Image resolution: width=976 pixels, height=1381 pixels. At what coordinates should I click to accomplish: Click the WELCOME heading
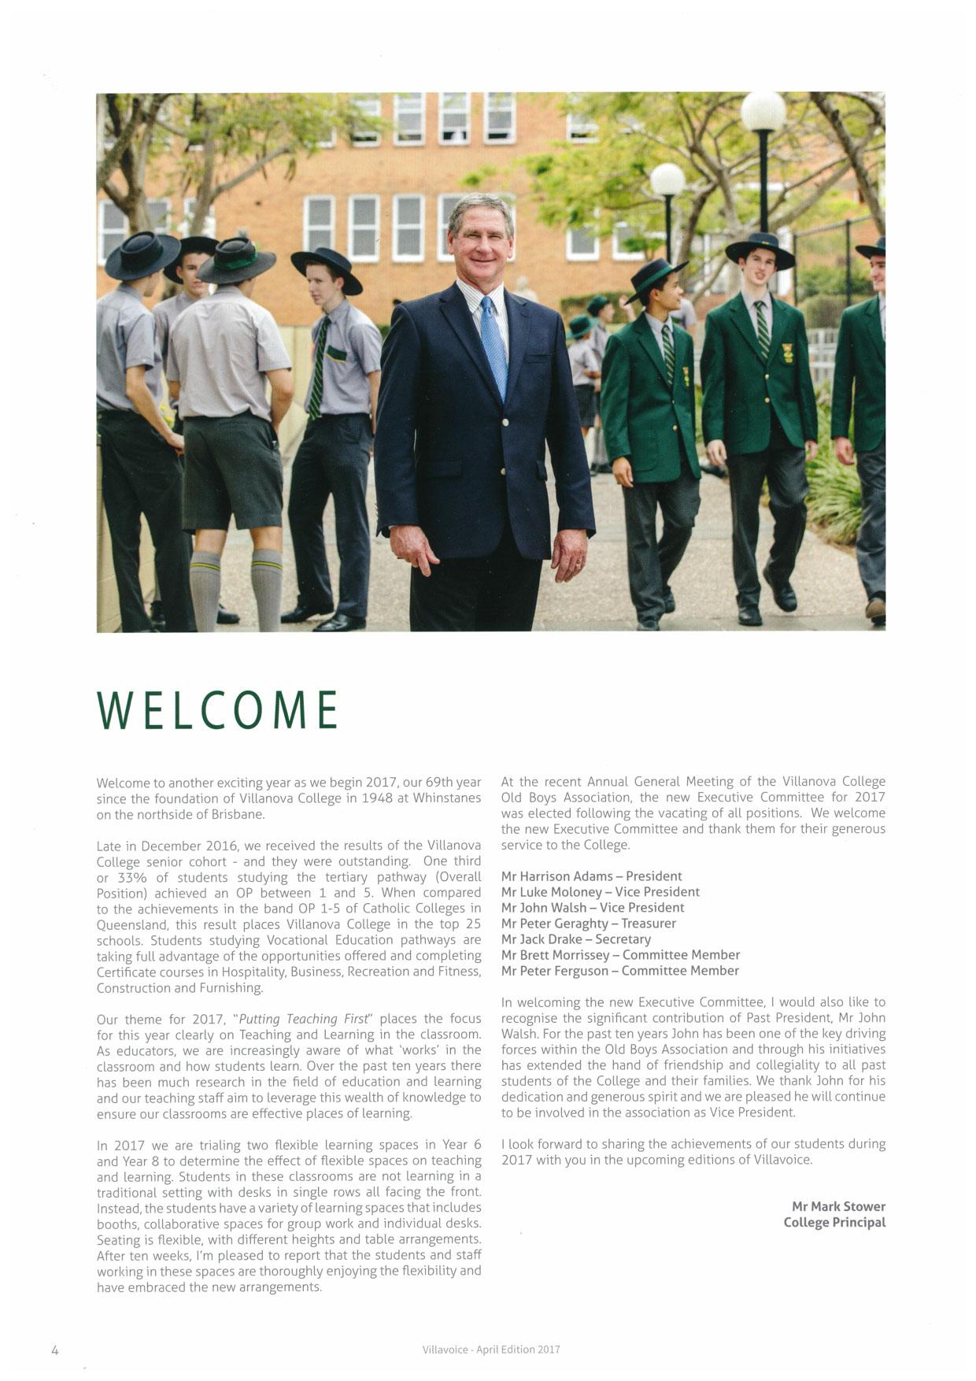pos(217,709)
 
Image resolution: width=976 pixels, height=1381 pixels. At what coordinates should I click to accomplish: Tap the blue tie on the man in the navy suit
pos(494,346)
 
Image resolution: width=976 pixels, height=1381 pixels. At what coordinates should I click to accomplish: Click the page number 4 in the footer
pos(55,1350)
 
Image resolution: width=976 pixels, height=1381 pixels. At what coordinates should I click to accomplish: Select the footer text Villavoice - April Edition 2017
pos(490,1349)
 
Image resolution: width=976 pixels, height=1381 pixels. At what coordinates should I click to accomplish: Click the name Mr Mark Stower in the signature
pos(838,1206)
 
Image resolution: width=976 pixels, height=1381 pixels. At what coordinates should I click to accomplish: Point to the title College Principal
pos(834,1222)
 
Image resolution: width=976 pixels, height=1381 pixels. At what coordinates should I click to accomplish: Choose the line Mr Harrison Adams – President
pos(591,876)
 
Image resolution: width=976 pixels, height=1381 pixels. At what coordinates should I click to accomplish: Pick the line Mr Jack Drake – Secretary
pos(575,939)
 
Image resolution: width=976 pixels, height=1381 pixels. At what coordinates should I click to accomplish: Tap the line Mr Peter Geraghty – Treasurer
pos(588,924)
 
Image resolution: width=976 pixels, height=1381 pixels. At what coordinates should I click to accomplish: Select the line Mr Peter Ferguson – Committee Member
pos(619,971)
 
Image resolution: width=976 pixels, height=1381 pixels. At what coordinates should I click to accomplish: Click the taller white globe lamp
pos(763,111)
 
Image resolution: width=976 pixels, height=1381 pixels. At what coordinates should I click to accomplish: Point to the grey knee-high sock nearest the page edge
pos(205,591)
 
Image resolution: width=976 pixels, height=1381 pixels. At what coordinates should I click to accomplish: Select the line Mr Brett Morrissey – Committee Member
pos(620,955)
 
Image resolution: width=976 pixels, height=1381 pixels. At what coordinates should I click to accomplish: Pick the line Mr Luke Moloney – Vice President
pos(600,892)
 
